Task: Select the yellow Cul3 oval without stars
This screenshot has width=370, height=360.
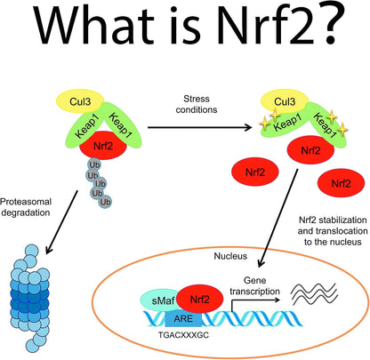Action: (x=80, y=101)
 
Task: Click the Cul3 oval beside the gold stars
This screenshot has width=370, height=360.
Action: (x=285, y=101)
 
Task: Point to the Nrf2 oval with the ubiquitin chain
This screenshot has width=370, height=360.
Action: (x=103, y=146)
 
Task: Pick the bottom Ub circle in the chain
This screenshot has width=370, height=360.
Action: (x=105, y=202)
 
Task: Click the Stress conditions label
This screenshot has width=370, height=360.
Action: (x=197, y=104)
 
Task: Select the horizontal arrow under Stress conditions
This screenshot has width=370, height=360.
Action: (x=200, y=127)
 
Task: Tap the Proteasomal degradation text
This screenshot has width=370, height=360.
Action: (x=26, y=207)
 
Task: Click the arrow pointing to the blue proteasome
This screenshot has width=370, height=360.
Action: (x=61, y=222)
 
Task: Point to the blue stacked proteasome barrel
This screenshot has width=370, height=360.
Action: (x=30, y=299)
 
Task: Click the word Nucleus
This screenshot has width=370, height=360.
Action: (x=230, y=256)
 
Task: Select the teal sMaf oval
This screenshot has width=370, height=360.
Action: (x=160, y=300)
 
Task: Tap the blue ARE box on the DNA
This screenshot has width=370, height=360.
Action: (x=183, y=319)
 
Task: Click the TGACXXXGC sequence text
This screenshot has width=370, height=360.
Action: (x=183, y=335)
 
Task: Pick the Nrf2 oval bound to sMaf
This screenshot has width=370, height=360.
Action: (x=199, y=300)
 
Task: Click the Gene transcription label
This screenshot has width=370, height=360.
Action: (x=254, y=286)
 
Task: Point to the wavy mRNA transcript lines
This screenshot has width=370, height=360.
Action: (x=314, y=293)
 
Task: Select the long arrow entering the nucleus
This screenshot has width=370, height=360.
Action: (x=277, y=219)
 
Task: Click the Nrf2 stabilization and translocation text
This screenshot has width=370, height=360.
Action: (x=333, y=231)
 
